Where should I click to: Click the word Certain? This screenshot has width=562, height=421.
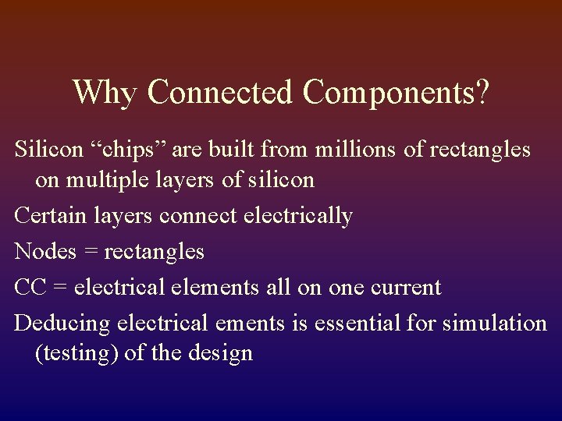coord(52,214)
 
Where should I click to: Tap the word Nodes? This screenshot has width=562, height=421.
coord(44,251)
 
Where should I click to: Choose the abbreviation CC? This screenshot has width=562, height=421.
coord(30,287)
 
